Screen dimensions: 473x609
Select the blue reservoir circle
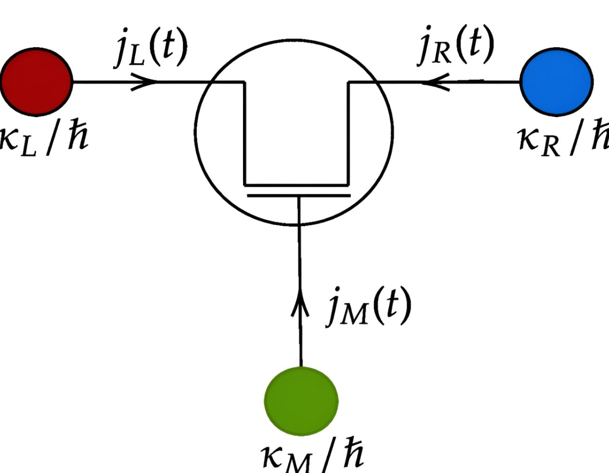[556, 82]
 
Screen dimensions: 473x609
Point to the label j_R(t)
[455, 45]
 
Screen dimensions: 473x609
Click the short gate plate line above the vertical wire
[298, 195]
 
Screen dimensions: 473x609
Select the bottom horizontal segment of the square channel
[296, 184]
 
